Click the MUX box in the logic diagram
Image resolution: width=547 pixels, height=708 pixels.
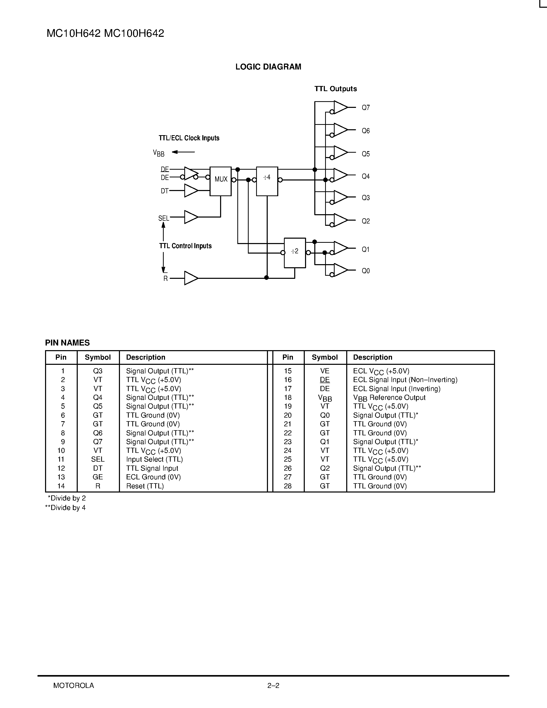[220, 181]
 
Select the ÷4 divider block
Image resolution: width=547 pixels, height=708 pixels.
[267, 181]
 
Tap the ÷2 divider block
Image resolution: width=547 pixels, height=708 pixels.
[294, 253]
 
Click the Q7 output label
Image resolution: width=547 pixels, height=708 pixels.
[366, 108]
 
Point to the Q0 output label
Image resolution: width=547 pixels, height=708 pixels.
[366, 271]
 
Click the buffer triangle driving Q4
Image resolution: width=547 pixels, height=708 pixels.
[340, 175]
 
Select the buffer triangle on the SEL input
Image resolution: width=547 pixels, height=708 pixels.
[191, 217]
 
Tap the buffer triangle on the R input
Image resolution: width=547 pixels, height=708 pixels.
[191, 278]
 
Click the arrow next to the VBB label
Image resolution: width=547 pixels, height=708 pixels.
[183, 152]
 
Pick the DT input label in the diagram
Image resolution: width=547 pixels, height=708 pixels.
[165, 191]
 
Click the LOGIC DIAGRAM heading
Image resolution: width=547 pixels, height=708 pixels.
[268, 67]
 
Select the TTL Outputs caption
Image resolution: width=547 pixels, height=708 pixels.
[335, 89]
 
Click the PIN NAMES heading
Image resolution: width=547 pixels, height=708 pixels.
[67, 343]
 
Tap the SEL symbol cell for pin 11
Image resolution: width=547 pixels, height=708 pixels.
[98, 459]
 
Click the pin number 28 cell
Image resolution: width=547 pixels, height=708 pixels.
[288, 486]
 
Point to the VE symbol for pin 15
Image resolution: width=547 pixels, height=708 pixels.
[324, 371]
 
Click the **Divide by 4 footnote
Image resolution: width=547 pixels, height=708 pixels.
[65, 508]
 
